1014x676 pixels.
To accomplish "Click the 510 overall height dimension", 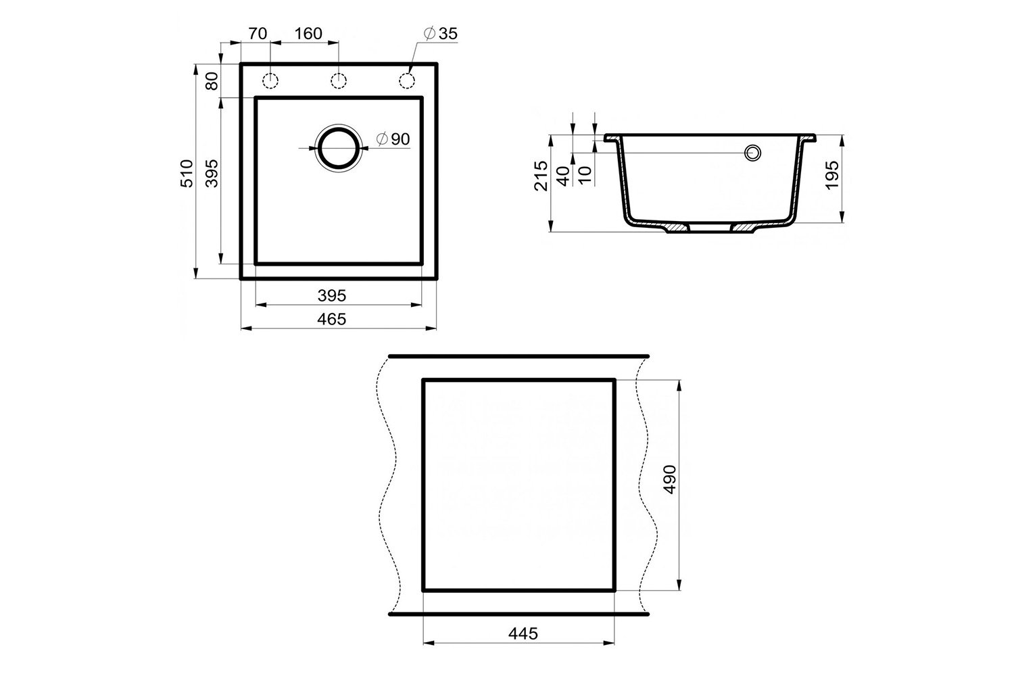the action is pos(187,174).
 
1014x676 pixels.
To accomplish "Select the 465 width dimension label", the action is pos(331,319).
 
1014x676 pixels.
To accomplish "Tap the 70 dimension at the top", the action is pos(258,34).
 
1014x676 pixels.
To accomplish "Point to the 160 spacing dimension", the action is pos(308,34).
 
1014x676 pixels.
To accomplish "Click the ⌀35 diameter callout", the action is pos(441,34).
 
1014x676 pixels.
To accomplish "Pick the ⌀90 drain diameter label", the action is pos(393,139).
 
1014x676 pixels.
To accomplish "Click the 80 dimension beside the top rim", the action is pos(212,81).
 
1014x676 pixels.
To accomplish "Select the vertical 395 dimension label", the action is pos(212,174).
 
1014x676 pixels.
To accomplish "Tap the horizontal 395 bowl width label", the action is pos(331,295).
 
